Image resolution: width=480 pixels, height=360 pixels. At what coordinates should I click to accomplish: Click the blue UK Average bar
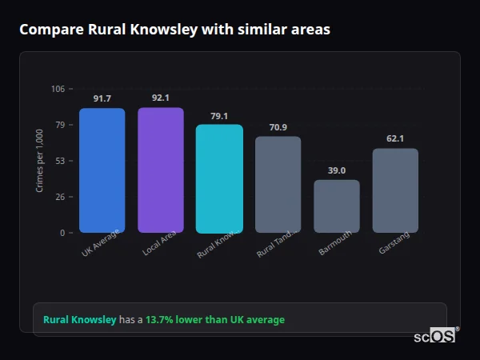point(102,170)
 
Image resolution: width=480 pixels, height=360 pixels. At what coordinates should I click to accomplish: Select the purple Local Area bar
point(161,170)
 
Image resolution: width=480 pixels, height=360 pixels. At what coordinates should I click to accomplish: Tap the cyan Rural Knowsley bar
point(219,178)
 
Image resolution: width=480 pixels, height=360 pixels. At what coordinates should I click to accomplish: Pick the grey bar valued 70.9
point(278,184)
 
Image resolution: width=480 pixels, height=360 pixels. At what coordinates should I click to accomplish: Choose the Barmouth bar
point(337,206)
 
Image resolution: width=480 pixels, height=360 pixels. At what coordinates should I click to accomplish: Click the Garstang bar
point(395,190)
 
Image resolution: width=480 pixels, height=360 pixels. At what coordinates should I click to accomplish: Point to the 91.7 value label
point(102,98)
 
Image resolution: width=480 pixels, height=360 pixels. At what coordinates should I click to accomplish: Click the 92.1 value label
point(161,98)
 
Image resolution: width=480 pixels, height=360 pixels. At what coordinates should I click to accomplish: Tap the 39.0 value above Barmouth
point(337,170)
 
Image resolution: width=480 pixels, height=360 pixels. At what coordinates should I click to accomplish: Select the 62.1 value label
point(395,138)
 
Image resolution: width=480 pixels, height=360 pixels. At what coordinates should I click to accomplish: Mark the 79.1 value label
point(219,115)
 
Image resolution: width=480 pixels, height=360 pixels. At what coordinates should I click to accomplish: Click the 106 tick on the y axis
point(58,89)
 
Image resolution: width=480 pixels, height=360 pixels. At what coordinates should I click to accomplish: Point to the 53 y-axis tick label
point(60,161)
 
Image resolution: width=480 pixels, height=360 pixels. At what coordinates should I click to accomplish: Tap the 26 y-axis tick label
point(60,197)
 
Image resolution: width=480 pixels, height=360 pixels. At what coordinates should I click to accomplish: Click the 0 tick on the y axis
point(62,233)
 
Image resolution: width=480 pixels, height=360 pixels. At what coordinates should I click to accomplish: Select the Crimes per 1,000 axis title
point(40,161)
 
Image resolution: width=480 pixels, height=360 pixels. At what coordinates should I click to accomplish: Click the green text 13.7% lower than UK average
point(214,320)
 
